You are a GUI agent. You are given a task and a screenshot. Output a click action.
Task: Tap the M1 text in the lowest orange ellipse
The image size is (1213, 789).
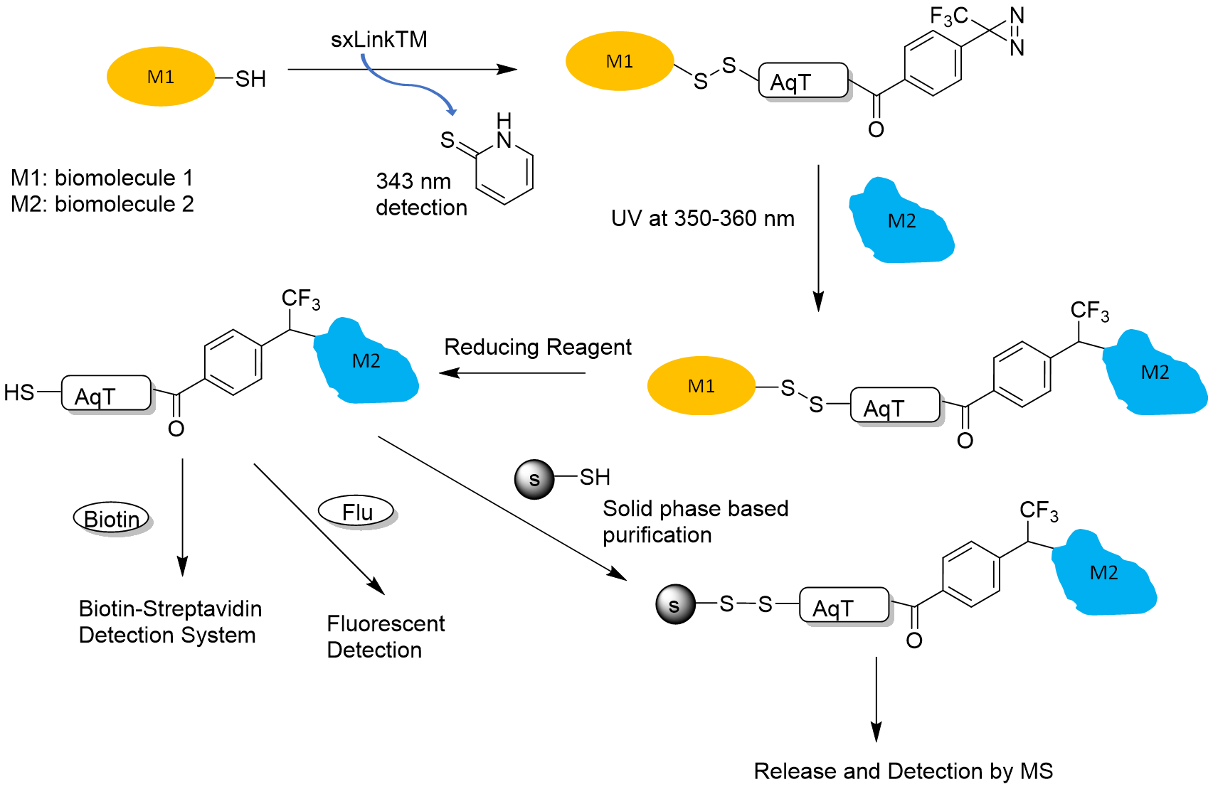[x=701, y=386]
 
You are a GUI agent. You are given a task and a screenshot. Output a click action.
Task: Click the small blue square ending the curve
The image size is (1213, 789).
[x=451, y=114]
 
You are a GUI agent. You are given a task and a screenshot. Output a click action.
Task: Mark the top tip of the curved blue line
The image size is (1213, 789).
[x=363, y=55]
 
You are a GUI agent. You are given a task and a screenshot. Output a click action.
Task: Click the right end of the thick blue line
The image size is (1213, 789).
[x=764, y=100]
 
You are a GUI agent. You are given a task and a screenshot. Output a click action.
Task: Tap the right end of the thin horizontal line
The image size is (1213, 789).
[x=872, y=107]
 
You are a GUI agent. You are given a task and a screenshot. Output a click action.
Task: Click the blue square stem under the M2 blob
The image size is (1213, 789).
[x=902, y=275]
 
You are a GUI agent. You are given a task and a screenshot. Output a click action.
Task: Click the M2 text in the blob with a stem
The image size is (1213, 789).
[x=901, y=221]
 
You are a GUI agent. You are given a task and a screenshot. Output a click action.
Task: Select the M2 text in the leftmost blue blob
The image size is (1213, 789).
[x=366, y=361]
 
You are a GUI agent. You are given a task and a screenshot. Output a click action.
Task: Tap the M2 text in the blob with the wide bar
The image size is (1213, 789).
[x=1103, y=573]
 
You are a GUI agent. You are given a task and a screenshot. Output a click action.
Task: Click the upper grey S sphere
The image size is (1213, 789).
[x=534, y=479]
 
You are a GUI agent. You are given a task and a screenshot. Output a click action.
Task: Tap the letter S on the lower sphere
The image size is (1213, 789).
[x=674, y=606]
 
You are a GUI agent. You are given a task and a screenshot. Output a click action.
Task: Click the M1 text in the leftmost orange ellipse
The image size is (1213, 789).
[x=160, y=77]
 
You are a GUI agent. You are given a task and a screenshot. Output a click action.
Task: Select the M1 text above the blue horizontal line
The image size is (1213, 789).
[x=619, y=62]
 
